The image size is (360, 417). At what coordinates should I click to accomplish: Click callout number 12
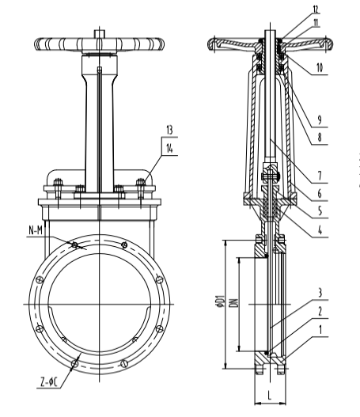pyautogui.click(x=315, y=9)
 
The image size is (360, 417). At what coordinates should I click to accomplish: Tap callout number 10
pyautogui.click(x=320, y=68)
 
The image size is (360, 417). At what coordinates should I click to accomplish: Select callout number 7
pyautogui.click(x=320, y=176)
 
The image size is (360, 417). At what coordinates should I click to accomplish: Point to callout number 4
pyautogui.click(x=320, y=229)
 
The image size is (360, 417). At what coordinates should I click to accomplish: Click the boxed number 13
pyautogui.click(x=169, y=131)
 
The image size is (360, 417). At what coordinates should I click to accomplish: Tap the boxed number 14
pyautogui.click(x=169, y=149)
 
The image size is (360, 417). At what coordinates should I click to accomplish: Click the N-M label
pyautogui.click(x=36, y=230)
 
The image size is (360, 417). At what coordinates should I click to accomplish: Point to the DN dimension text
pyautogui.click(x=234, y=303)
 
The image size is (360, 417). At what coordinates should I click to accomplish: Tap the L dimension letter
pyautogui.click(x=270, y=395)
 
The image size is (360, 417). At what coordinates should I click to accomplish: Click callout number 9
pyautogui.click(x=320, y=120)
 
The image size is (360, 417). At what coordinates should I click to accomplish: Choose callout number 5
pyautogui.click(x=320, y=211)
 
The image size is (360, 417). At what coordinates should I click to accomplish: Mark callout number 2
pyautogui.click(x=320, y=311)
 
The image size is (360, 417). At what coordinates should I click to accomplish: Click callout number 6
pyautogui.click(x=320, y=194)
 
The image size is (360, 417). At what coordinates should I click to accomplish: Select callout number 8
pyautogui.click(x=320, y=138)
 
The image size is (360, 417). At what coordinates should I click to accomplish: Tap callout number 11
pyautogui.click(x=316, y=23)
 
